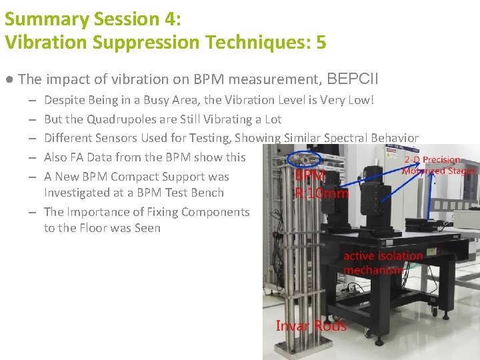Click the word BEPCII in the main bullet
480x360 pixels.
353,79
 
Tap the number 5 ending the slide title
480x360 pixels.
321,42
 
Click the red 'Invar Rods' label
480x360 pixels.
311,326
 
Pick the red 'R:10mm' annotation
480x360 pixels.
321,193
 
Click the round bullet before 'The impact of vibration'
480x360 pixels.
9,79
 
